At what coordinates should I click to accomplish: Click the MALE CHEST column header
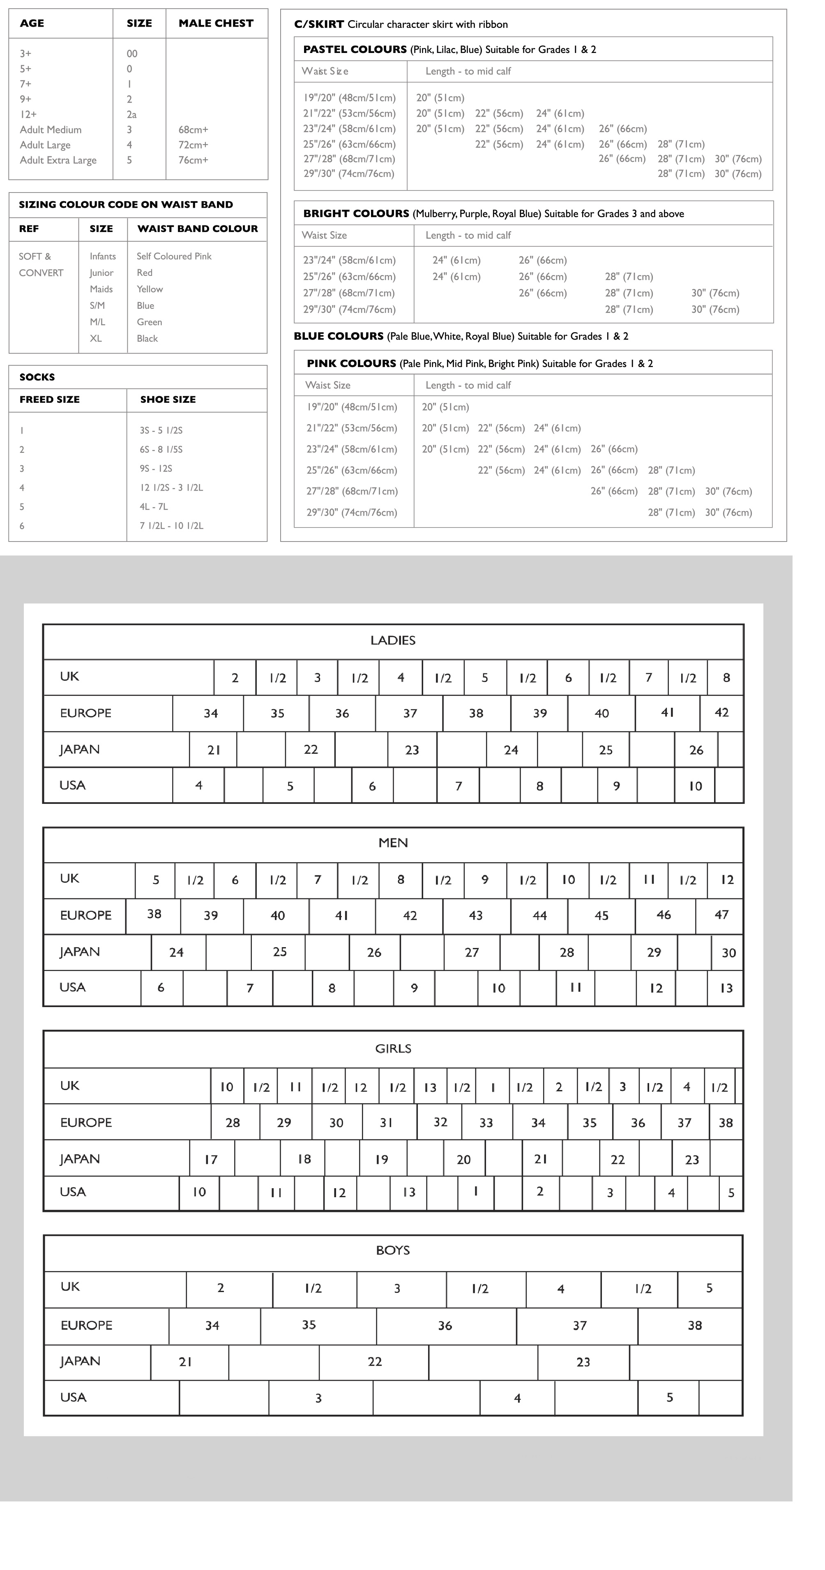[216, 23]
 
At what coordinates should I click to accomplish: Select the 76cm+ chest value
[193, 160]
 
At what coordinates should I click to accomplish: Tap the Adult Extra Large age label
[58, 160]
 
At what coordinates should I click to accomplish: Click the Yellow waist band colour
[150, 289]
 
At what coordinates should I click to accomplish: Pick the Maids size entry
[101, 289]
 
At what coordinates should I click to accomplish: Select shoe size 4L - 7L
[154, 507]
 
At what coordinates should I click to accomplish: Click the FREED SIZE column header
[49, 399]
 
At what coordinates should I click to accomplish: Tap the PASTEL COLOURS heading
[355, 49]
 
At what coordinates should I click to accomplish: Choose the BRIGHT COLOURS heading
[356, 213]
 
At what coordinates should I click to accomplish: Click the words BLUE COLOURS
[339, 336]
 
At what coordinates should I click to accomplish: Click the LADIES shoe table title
[393, 640]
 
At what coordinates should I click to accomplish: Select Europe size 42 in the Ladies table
[721, 712]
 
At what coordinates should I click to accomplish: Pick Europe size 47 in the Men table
[721, 915]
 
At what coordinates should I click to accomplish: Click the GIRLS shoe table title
[393, 1048]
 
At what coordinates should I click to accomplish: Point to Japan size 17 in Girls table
[211, 1159]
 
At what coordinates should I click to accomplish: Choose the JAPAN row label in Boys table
[80, 1361]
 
